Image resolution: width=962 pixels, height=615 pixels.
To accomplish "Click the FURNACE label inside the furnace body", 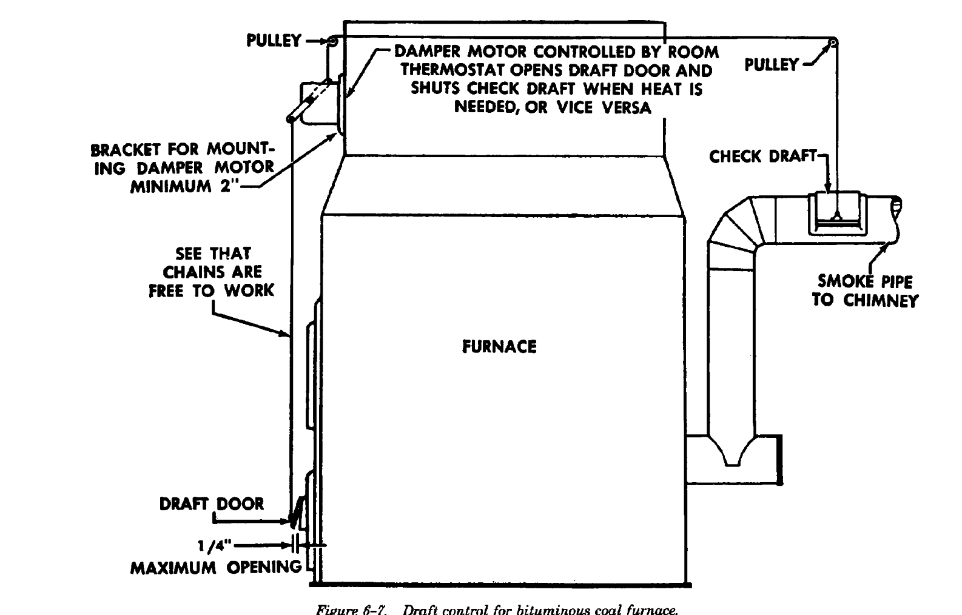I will [499, 347].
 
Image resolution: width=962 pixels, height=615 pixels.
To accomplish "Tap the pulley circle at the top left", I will [332, 41].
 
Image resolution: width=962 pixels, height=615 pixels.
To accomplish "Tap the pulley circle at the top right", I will [834, 42].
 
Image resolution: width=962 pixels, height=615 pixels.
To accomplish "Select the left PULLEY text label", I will [274, 41].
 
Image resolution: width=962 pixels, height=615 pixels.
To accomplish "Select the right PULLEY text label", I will [772, 64].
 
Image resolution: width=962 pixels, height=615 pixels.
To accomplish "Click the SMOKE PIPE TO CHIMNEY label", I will [864, 291].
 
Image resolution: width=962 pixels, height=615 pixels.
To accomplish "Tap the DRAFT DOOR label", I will [212, 504].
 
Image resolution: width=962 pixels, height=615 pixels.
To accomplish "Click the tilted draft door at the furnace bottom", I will [295, 512].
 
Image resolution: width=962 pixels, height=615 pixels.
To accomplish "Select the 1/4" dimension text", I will [215, 545].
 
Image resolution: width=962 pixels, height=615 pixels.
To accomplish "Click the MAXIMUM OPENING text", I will [216, 568].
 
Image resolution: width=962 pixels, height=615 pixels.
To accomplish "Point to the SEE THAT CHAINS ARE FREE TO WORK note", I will [212, 272].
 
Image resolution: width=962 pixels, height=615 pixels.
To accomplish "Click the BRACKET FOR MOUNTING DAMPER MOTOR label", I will [182, 159].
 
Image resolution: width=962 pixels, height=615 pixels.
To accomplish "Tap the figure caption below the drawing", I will [496, 609].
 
